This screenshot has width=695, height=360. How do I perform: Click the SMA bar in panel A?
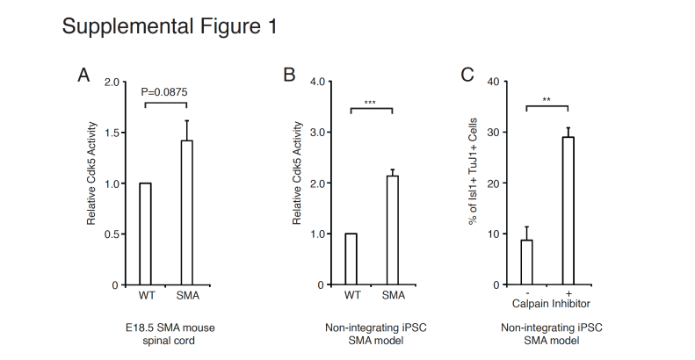[x=186, y=212]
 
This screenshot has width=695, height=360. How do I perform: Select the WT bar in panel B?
[x=351, y=259]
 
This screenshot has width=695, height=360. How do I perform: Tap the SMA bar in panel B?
[x=392, y=230]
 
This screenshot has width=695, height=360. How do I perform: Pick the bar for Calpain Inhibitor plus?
[x=568, y=211]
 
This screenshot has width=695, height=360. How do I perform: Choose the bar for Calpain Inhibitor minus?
[x=526, y=263]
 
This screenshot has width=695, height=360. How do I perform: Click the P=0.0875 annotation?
[x=164, y=92]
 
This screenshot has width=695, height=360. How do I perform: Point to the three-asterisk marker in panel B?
[x=370, y=103]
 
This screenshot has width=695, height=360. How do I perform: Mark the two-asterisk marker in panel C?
[x=547, y=99]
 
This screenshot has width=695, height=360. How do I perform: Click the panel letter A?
[x=83, y=75]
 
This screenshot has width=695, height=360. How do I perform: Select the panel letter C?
[x=467, y=75]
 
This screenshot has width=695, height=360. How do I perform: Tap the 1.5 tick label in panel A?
[x=112, y=133]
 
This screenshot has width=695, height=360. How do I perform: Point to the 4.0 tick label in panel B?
[x=317, y=82]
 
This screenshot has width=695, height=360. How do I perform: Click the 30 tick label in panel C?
[x=493, y=133]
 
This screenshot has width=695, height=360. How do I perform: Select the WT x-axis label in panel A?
[x=147, y=295]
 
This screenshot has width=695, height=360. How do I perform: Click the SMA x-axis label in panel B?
[x=393, y=295]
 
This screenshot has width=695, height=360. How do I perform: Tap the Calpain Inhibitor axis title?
[x=551, y=304]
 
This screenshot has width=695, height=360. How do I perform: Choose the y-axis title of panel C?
[x=473, y=171]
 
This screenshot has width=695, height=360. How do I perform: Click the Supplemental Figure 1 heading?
[x=170, y=26]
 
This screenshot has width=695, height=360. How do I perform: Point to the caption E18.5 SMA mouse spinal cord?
[x=170, y=335]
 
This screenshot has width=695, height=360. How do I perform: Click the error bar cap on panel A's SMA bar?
[x=186, y=120]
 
